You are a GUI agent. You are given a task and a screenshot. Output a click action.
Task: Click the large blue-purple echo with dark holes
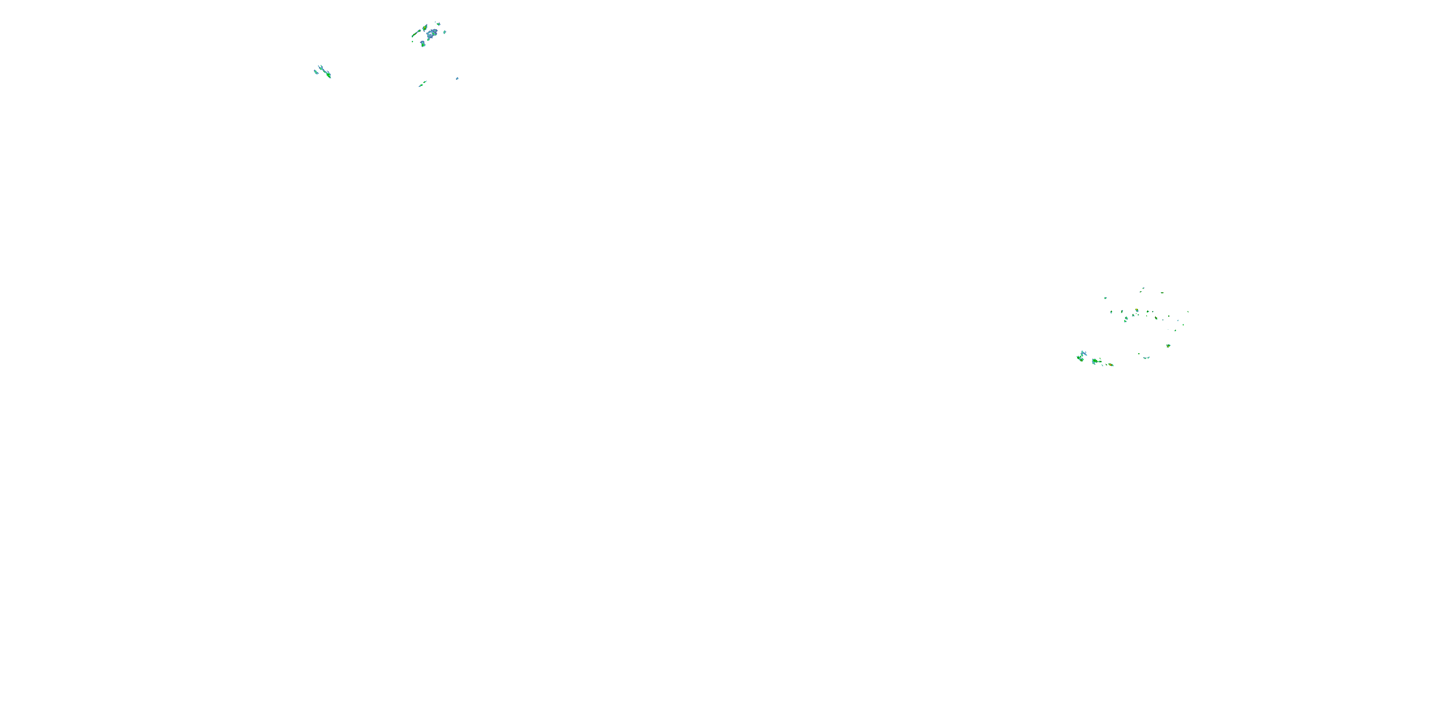[432, 34]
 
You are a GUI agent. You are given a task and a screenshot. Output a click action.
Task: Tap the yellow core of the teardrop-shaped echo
[425, 28]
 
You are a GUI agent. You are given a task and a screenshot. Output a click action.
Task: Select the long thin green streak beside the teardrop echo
[416, 34]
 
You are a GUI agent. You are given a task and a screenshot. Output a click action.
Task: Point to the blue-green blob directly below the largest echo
[423, 45]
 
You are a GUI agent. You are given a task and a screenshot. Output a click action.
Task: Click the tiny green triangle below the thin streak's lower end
[412, 42]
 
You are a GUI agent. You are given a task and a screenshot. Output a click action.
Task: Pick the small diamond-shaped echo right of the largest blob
[445, 33]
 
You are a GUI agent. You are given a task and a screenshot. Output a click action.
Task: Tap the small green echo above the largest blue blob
[439, 24]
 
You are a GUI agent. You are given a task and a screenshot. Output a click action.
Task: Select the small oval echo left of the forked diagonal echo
[316, 72]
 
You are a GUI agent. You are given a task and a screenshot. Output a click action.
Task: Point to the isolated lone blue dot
[457, 79]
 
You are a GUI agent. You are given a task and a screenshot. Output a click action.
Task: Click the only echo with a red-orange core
[1111, 365]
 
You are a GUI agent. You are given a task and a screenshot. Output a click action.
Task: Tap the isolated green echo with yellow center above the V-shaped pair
[1168, 346]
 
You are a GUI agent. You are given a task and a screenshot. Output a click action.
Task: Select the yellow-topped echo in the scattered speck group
[1137, 310]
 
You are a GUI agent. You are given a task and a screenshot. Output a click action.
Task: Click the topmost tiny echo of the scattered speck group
[1143, 288]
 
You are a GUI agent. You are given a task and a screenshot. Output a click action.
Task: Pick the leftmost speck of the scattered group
[1106, 298]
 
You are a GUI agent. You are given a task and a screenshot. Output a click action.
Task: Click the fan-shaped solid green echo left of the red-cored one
[1095, 361]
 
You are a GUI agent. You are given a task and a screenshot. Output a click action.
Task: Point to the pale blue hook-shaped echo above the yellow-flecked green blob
[1083, 353]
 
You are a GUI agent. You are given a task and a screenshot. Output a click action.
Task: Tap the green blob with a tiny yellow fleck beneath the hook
[1080, 359]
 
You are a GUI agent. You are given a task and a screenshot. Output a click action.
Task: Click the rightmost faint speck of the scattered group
[1188, 312]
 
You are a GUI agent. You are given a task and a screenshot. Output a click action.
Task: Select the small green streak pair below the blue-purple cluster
[422, 84]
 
